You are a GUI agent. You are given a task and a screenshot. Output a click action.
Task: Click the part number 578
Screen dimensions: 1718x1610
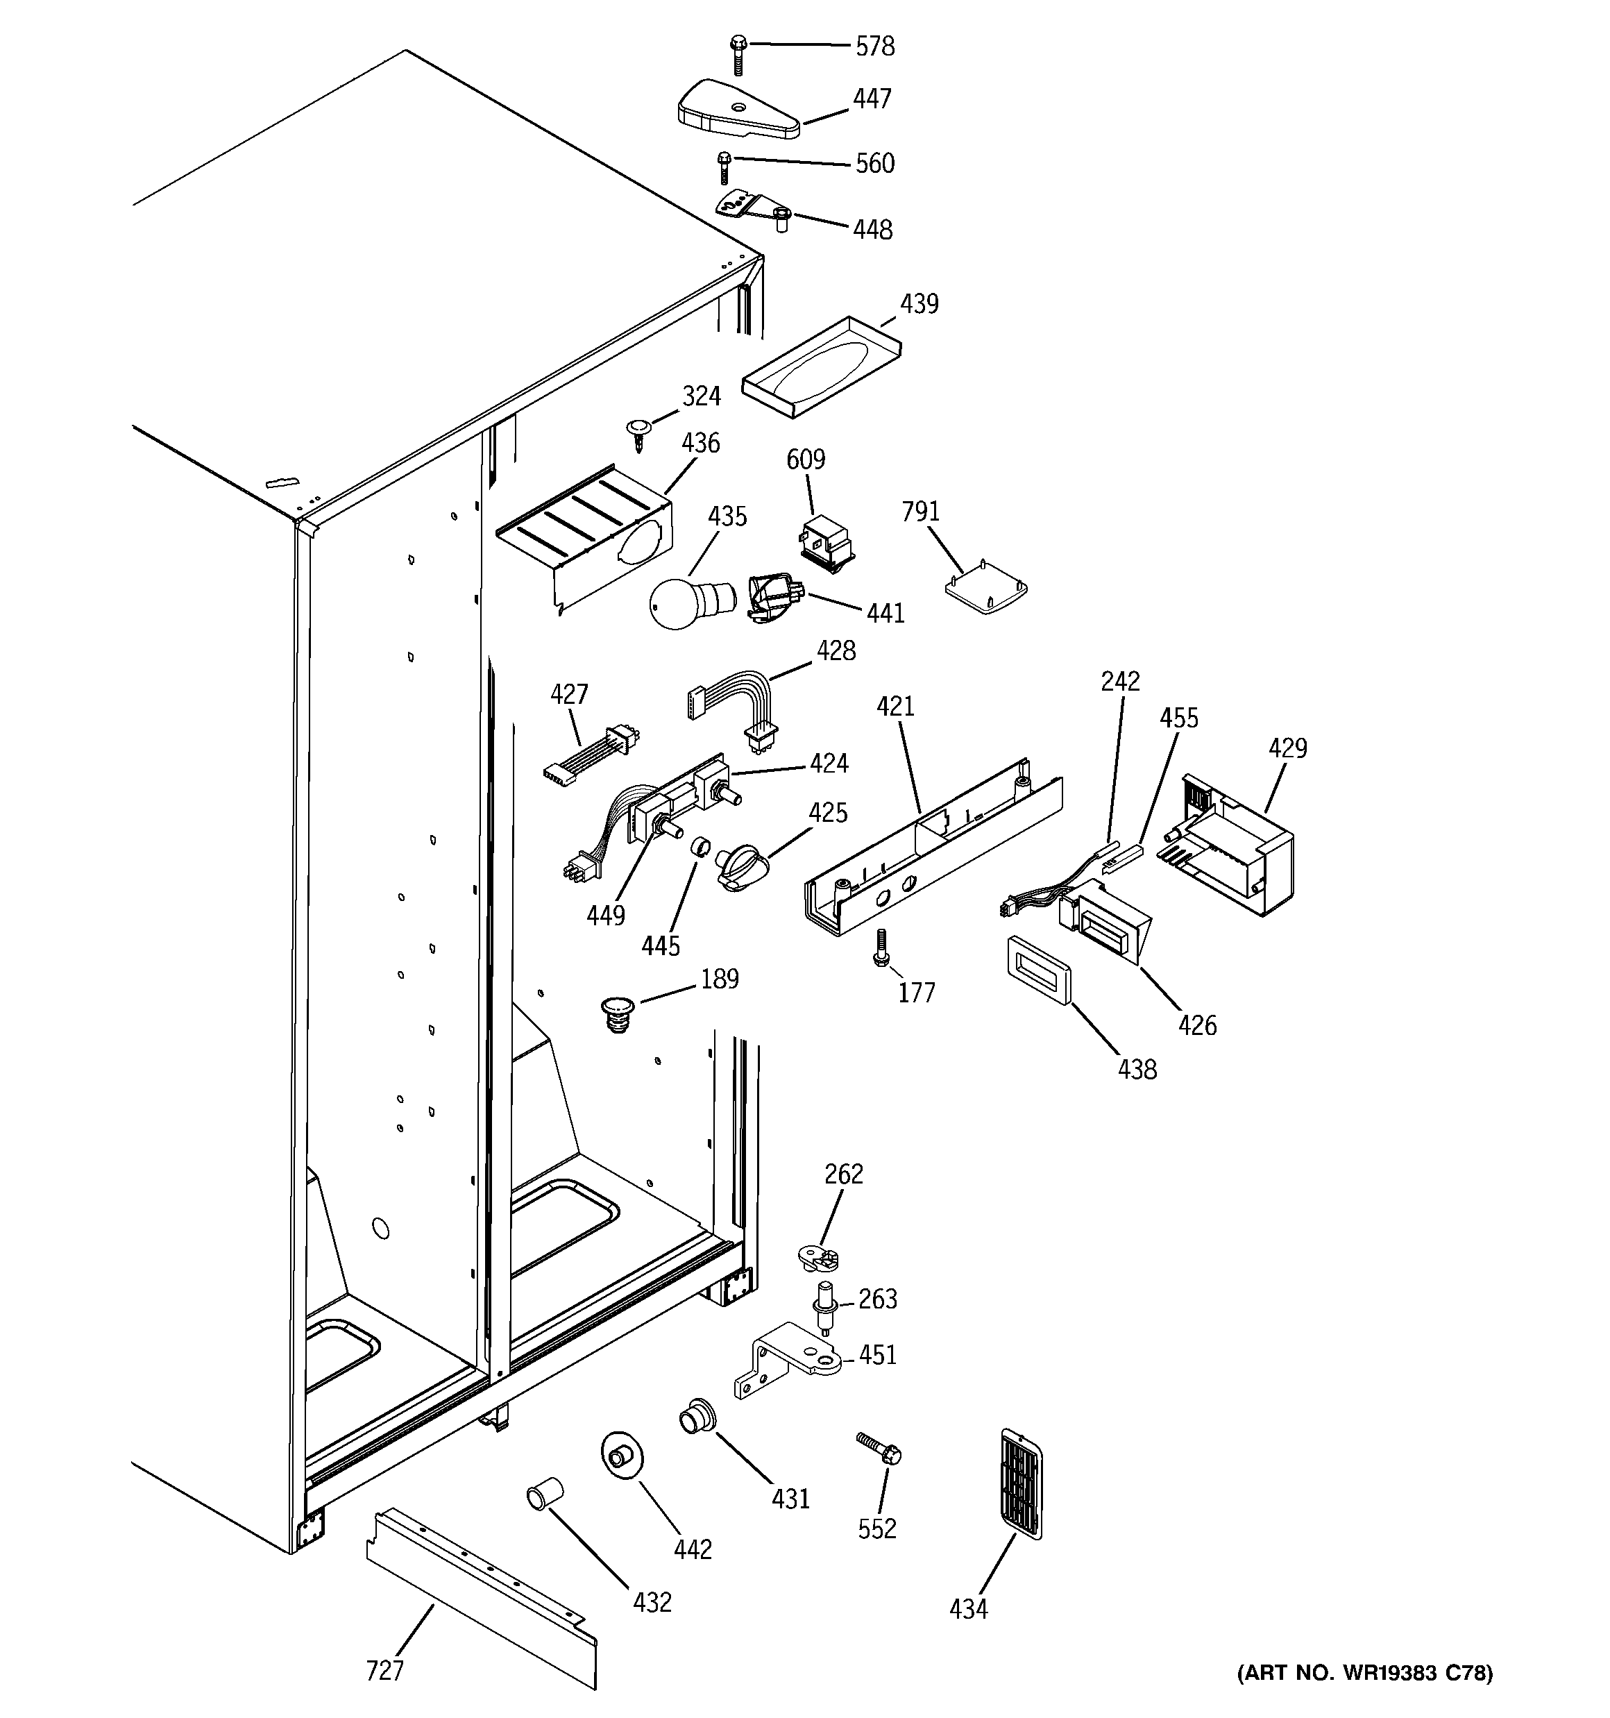click(874, 47)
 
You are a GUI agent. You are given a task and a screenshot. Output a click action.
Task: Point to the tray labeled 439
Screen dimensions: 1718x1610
click(820, 367)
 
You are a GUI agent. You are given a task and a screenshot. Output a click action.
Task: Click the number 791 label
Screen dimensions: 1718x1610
click(920, 512)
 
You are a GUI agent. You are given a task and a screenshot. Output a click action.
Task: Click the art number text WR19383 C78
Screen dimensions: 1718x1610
click(1366, 1672)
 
